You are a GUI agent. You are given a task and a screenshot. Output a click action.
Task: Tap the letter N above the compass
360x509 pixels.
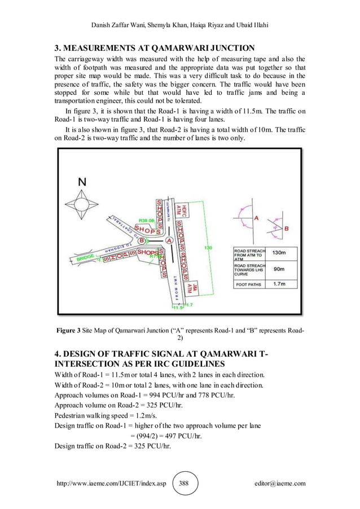83,182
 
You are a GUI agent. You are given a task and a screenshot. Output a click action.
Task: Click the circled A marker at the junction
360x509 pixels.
169,240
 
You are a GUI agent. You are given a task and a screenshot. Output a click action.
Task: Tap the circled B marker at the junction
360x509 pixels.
141,240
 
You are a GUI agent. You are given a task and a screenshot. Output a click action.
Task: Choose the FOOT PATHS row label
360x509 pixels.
248,284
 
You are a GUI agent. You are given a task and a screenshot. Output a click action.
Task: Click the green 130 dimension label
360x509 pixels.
208,248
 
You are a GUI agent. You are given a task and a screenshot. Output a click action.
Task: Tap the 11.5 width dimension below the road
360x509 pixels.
177,308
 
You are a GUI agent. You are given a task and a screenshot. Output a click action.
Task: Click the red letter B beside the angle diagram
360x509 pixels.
287,228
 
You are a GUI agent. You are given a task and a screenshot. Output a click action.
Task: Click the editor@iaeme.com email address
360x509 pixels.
280,483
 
